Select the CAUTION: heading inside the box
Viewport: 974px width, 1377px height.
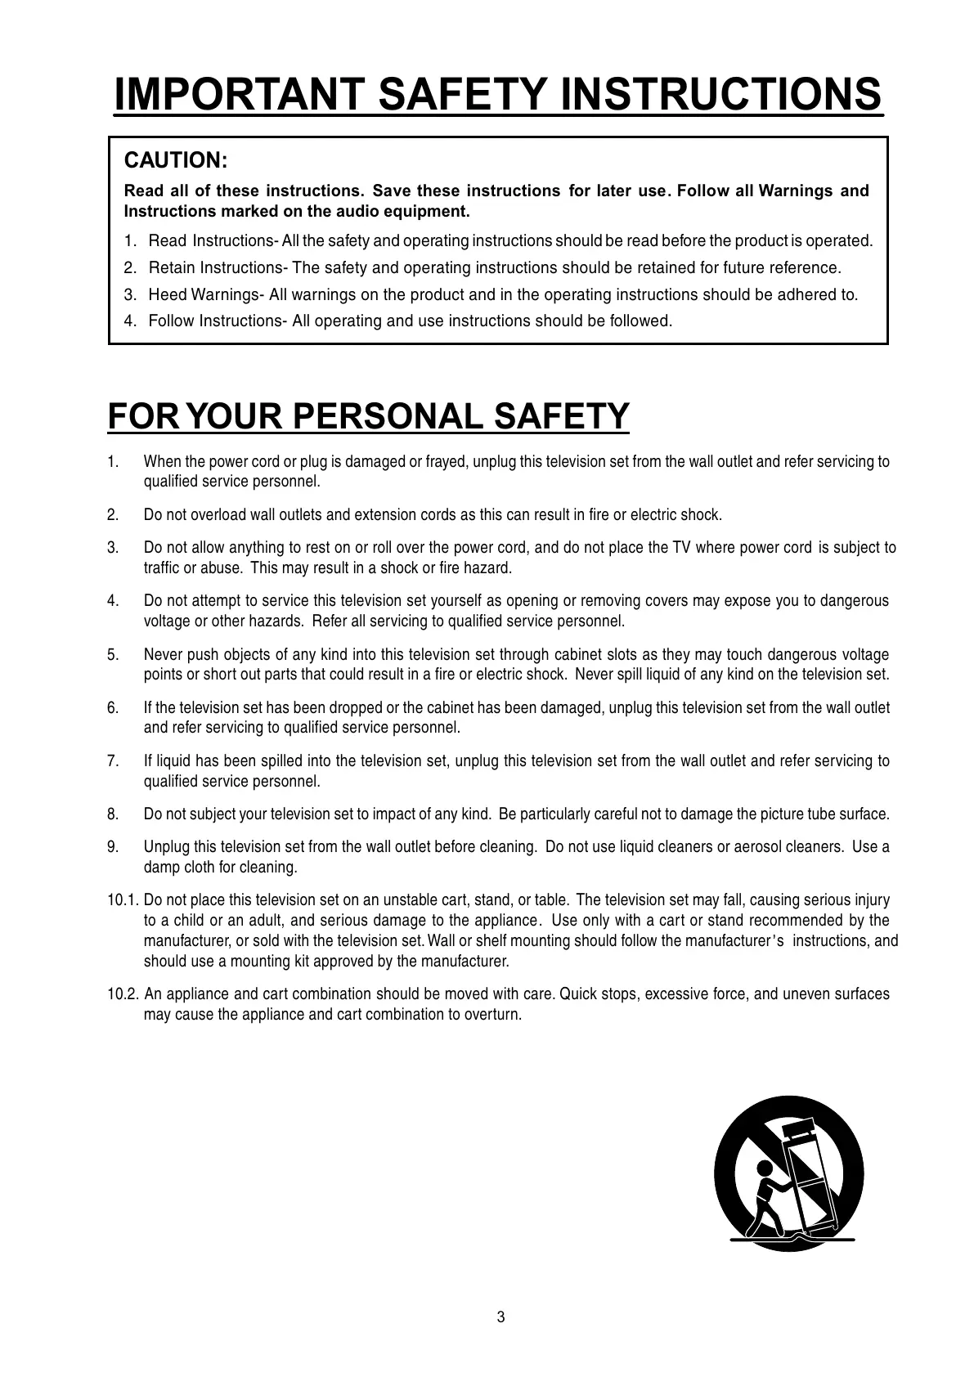pos(174,159)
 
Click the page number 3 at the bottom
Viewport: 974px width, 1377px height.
pos(500,1317)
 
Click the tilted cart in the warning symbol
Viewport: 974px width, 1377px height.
pos(810,1177)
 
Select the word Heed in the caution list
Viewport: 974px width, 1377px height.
pos(167,294)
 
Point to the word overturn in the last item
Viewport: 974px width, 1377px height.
pos(492,1015)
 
